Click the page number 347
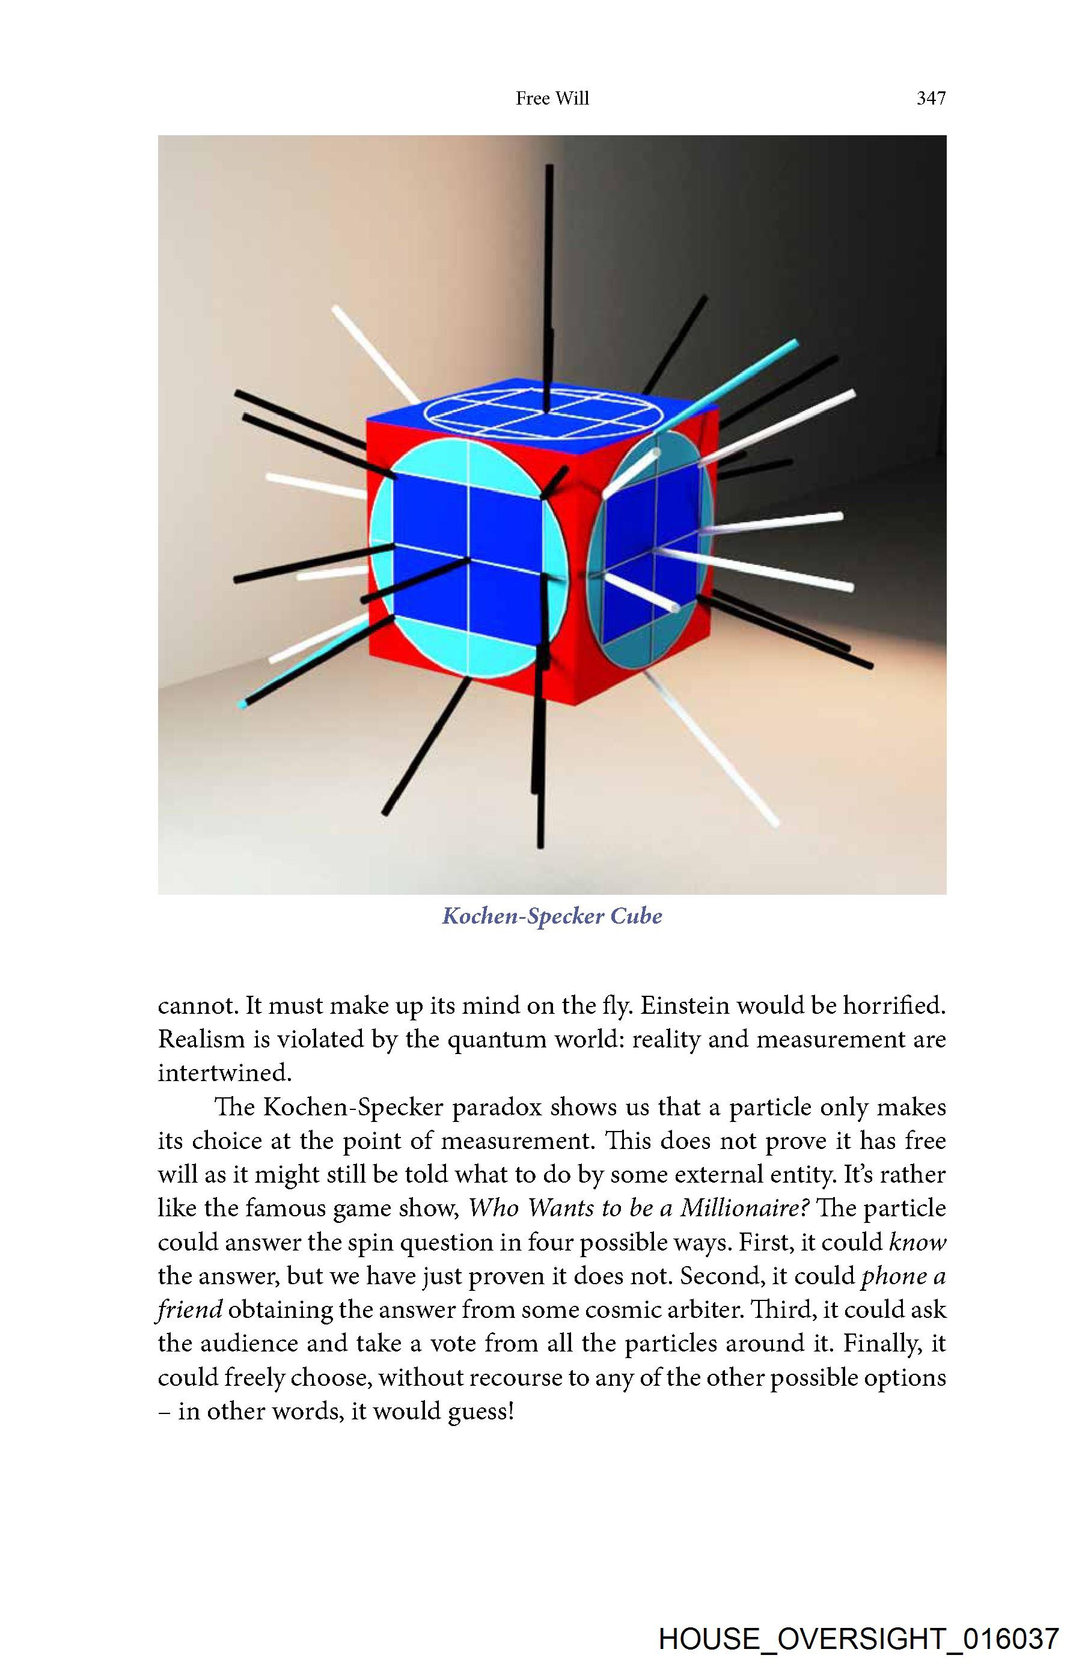click(931, 99)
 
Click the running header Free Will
click(552, 99)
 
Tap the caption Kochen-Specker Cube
click(552, 916)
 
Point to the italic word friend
click(189, 1309)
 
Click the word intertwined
click(224, 1073)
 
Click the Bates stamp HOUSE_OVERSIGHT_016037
click(859, 1639)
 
